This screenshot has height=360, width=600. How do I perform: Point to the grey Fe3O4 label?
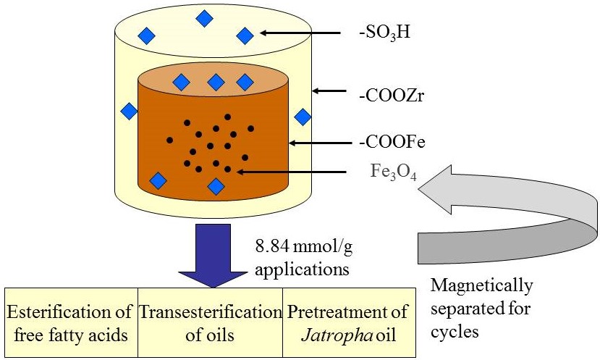coord(391,173)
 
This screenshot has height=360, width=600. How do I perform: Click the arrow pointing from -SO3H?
coord(300,33)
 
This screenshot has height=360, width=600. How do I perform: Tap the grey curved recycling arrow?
coord(507,217)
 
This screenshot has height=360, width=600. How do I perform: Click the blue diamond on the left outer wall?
coord(129,111)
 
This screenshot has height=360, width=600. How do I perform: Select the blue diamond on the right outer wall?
coord(303,116)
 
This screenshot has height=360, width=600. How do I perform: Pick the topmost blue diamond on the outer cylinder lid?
coord(205,18)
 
